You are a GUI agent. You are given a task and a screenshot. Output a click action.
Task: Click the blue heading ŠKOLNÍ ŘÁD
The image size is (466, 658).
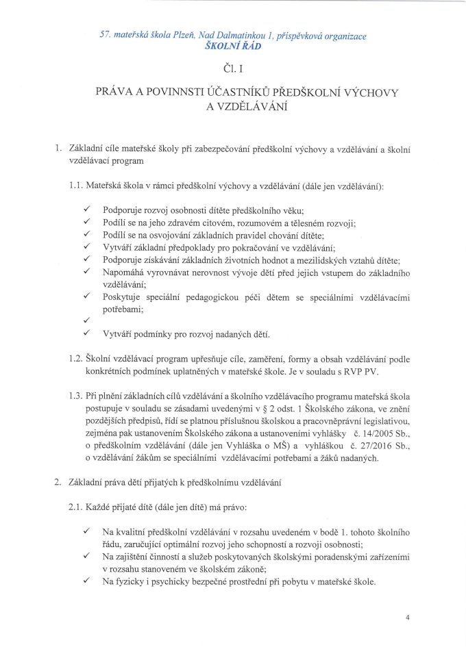click(233, 47)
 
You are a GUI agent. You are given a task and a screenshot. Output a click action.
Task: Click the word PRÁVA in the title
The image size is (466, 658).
click(116, 91)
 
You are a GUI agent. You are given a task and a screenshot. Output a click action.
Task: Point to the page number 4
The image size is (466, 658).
click(406, 617)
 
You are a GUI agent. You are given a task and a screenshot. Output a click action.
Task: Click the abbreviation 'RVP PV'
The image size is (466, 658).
click(363, 372)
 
